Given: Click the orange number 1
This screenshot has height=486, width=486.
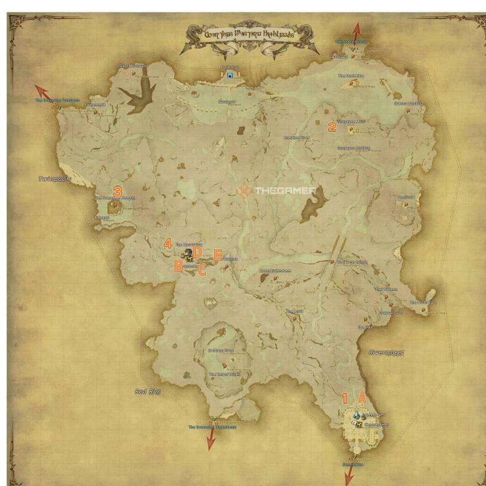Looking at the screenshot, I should [x=345, y=398].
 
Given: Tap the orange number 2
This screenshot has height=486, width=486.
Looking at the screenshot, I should [x=332, y=126].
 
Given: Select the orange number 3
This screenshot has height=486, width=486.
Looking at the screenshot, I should [x=117, y=191].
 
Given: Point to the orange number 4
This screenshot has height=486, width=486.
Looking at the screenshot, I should [x=168, y=243].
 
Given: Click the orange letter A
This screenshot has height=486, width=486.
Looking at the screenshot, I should [x=362, y=398].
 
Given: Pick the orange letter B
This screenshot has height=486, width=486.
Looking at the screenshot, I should [x=178, y=266].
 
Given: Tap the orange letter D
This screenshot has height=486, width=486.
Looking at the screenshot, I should [x=198, y=252].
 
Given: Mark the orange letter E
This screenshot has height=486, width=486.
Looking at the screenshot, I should [x=217, y=255].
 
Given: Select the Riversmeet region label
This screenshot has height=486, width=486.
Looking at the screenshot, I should [x=386, y=352].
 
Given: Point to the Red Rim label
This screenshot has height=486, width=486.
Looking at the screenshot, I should [x=148, y=391].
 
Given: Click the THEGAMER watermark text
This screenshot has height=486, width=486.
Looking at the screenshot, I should [x=285, y=191].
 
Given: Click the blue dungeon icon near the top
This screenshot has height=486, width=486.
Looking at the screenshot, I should [x=230, y=75].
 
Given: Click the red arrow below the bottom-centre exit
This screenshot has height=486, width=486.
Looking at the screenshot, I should [x=211, y=439].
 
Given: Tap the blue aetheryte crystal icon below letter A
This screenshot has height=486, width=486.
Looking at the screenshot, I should [x=356, y=415].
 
